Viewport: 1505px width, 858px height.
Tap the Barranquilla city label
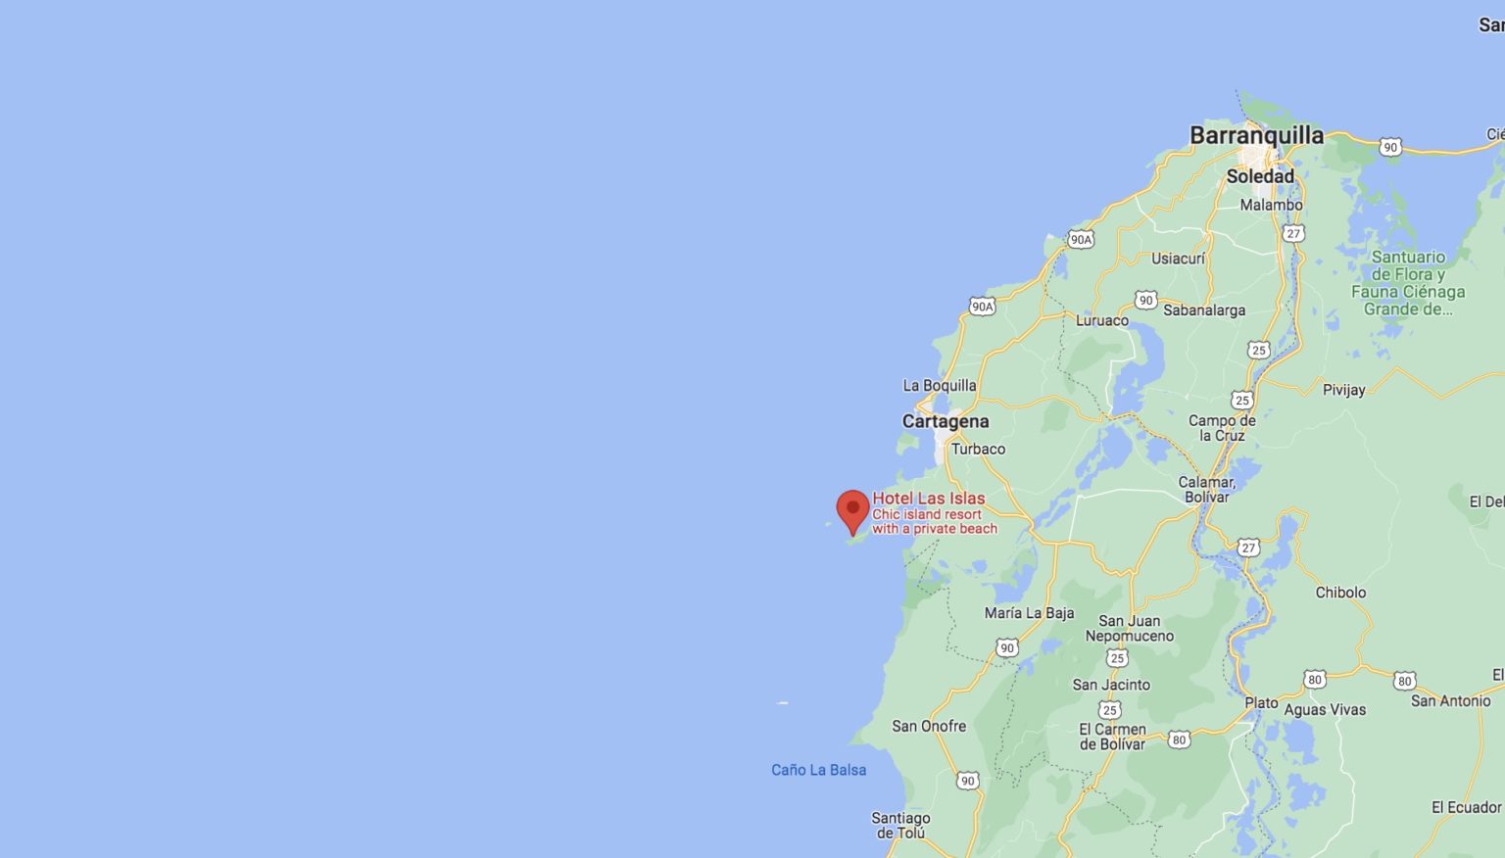tap(1256, 135)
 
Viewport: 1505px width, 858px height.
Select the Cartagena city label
tap(946, 421)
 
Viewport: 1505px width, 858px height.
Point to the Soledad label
tap(1260, 176)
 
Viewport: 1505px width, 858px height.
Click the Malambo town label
tap(1271, 205)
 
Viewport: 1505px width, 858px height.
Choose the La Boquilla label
tap(939, 385)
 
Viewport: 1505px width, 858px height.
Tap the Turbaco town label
tap(978, 449)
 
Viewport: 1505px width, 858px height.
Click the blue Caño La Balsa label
tap(818, 770)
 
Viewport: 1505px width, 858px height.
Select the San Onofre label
tap(929, 726)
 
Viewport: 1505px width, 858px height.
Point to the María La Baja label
tap(1029, 613)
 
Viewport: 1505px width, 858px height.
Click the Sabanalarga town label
tap(1204, 310)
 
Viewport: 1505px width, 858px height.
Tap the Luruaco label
tap(1102, 320)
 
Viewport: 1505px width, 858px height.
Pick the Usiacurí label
tap(1178, 259)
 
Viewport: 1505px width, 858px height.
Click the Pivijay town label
tap(1343, 390)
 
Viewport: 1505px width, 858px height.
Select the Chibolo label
tap(1340, 593)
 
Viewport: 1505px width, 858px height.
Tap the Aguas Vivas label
tap(1325, 710)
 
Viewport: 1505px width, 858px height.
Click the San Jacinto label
tap(1111, 685)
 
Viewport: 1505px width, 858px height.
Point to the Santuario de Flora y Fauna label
tap(1408, 283)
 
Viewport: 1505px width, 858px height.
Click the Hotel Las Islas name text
tap(929, 499)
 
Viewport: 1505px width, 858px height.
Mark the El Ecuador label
tap(1466, 807)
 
